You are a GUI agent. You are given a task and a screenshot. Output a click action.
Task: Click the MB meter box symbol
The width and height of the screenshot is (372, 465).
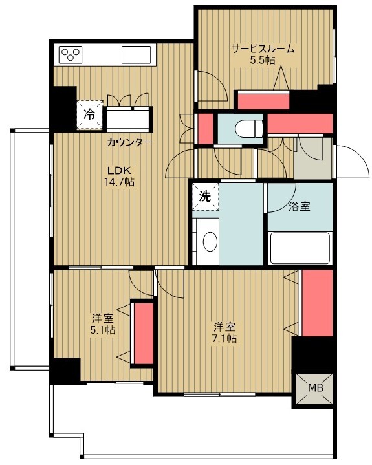[x=315, y=389]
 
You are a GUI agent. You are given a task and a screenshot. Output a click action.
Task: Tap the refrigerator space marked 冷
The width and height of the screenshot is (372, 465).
[x=89, y=114]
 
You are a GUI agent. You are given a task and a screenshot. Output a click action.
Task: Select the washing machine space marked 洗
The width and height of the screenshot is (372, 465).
[x=205, y=197]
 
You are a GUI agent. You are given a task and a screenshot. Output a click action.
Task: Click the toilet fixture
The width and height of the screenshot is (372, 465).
[x=248, y=129]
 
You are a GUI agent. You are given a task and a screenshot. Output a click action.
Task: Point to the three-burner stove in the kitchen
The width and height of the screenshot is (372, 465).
[x=71, y=54]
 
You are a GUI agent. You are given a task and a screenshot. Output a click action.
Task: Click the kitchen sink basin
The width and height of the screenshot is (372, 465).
[x=136, y=54]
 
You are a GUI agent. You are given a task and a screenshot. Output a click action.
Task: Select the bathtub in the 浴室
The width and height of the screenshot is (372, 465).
[x=300, y=248]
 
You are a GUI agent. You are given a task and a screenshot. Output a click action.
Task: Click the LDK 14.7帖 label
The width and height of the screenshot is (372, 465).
[x=119, y=176]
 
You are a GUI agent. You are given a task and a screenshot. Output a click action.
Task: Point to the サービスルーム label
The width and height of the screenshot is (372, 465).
[x=263, y=49]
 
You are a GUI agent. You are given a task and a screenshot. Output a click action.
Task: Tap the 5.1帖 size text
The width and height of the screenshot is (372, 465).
[x=103, y=330]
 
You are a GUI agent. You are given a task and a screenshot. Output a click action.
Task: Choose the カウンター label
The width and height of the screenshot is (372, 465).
[x=129, y=143]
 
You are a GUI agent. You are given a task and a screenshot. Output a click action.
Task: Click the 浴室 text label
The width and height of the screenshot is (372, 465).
[x=300, y=206]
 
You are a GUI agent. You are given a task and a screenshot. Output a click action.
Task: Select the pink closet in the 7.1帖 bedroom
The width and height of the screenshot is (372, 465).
[x=317, y=303]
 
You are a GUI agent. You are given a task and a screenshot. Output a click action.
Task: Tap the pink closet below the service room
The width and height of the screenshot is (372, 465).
[x=263, y=102]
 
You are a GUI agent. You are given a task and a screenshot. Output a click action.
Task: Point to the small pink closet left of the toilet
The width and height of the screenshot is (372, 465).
[x=206, y=129]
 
